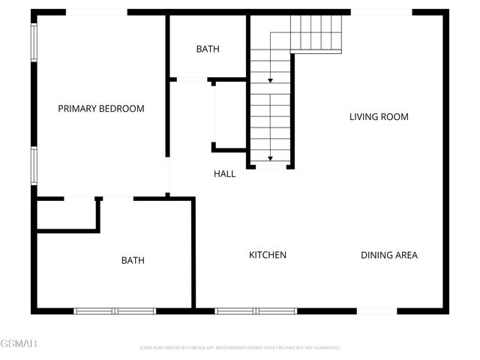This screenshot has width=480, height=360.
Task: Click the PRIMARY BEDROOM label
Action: [101, 109]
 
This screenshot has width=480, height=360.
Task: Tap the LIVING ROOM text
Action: [379, 116]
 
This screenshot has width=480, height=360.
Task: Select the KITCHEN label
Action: [268, 255]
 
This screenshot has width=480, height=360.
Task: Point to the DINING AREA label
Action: [389, 255]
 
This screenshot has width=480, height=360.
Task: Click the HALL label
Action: [224, 174]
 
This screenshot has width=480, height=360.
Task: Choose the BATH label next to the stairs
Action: [208, 49]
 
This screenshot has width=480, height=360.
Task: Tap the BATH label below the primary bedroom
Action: [133, 260]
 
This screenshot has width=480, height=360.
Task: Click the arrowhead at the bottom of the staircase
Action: [270, 158]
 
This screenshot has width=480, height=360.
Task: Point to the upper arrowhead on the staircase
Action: [270, 79]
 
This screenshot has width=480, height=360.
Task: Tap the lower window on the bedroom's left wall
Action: [34, 165]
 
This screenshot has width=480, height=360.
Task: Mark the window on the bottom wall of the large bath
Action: [115, 310]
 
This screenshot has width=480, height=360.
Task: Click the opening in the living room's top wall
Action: [381, 12]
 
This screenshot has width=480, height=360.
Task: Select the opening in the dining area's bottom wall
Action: [376, 310]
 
